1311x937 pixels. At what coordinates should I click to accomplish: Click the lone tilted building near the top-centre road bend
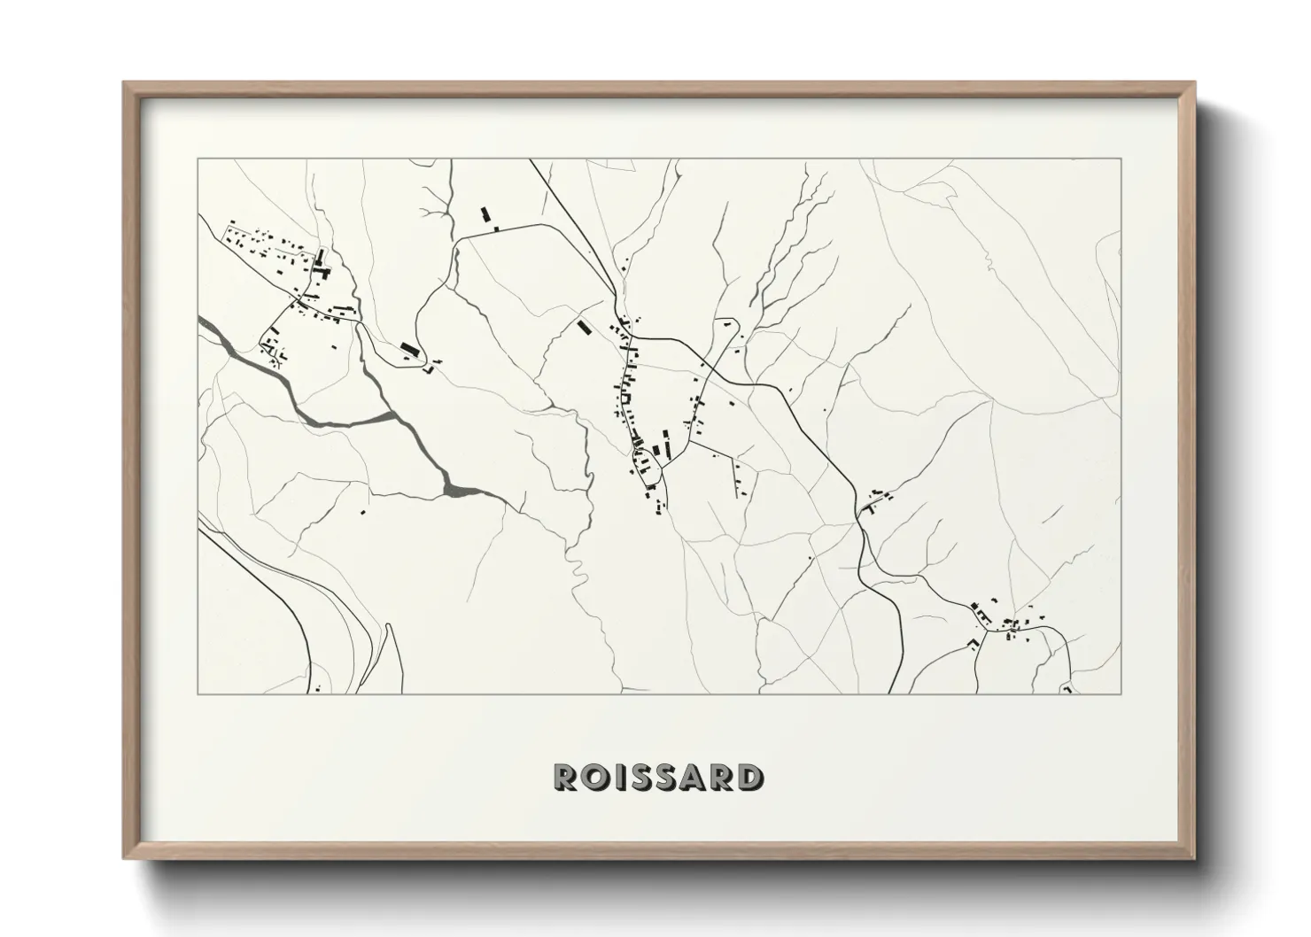485,215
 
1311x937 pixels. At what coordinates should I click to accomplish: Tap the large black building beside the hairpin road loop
407,347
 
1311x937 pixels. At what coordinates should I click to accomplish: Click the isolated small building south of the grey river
362,511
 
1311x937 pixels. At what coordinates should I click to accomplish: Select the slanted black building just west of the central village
583,327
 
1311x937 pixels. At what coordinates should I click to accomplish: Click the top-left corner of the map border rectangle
198,159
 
